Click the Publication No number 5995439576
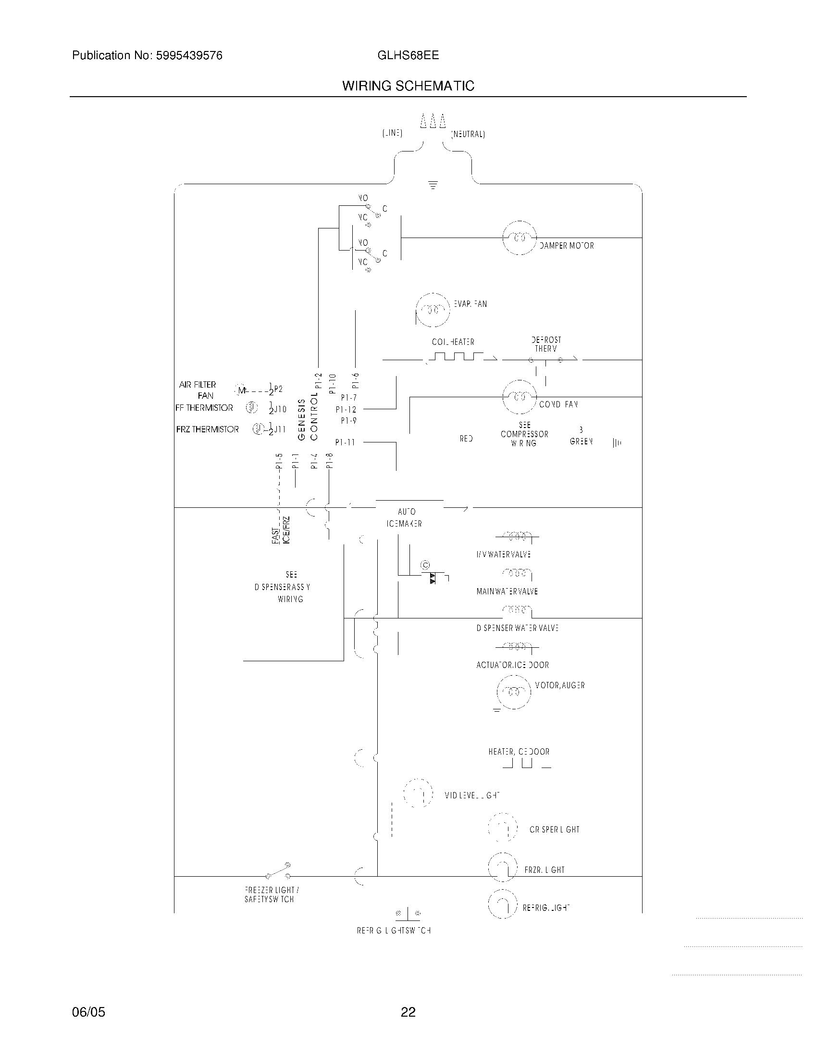click(x=189, y=56)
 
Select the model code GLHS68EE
click(x=408, y=55)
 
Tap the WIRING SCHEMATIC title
click(x=408, y=86)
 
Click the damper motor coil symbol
click(x=520, y=238)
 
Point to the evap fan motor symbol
click(x=433, y=310)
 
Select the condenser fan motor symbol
click(x=520, y=397)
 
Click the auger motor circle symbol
click(x=514, y=691)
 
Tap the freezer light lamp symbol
click(x=503, y=868)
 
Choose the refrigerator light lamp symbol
click(x=503, y=905)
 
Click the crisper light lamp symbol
click(x=503, y=829)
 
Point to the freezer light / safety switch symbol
click(x=278, y=872)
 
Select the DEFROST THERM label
click(x=546, y=344)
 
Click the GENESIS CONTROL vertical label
click(x=308, y=419)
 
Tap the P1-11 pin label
click(x=345, y=442)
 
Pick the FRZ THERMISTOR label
click(x=207, y=429)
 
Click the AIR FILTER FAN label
click(x=198, y=390)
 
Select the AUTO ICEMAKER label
click(x=405, y=518)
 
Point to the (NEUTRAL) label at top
click(x=468, y=134)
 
